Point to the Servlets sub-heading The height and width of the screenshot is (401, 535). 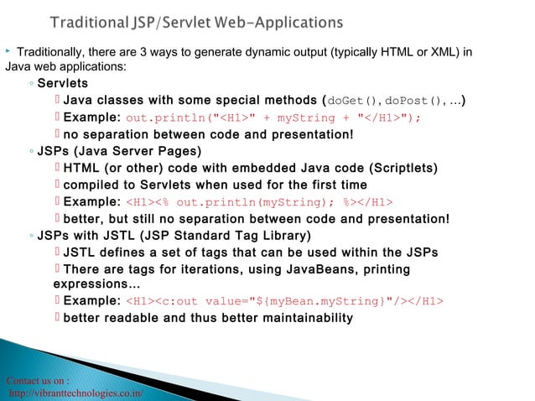click(x=63, y=84)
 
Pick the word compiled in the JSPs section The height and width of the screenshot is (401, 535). click(x=94, y=185)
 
